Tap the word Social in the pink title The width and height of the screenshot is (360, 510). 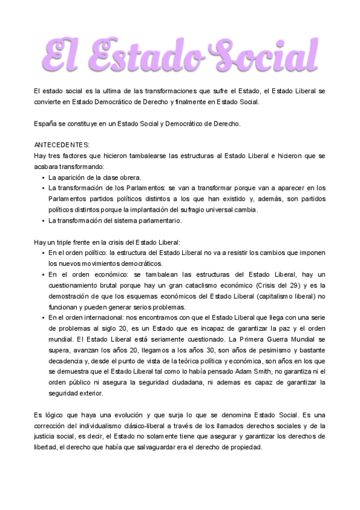(x=258, y=53)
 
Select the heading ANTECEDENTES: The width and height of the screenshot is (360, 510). (x=61, y=145)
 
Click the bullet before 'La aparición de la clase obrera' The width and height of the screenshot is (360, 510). (x=43, y=177)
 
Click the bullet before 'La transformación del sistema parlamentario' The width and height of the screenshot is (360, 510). (x=43, y=220)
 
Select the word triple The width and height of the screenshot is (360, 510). (x=65, y=242)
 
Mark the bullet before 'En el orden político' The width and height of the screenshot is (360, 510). (x=43, y=253)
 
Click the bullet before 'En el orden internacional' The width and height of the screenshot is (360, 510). (x=43, y=318)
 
